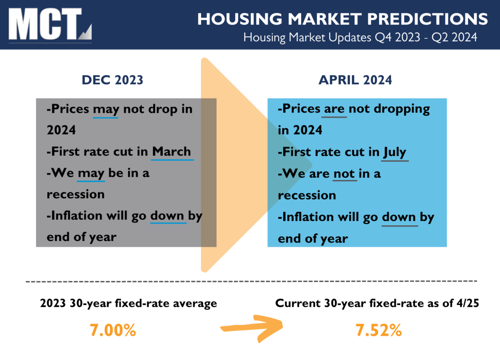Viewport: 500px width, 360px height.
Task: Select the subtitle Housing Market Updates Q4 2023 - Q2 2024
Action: [x=360, y=37]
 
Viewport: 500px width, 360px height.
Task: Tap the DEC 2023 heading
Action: [x=112, y=80]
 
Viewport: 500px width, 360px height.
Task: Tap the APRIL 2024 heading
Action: [x=355, y=80]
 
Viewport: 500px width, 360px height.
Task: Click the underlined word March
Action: [x=172, y=151]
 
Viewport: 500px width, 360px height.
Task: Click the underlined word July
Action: [x=395, y=152]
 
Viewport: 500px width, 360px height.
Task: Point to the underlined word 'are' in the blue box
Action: [x=334, y=109]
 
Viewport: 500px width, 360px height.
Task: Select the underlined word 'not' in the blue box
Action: [x=344, y=173]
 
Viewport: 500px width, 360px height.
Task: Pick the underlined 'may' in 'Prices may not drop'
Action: [x=105, y=109]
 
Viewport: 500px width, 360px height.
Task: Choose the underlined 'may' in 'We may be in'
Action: [x=91, y=173]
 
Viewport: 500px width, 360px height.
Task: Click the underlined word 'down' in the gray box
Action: [x=168, y=216]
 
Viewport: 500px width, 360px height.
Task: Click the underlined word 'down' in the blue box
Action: [x=399, y=217]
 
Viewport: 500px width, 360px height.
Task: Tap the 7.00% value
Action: [x=113, y=330]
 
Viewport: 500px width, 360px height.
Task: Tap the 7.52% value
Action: [x=379, y=330]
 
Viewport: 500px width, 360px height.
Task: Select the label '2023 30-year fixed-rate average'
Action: [x=129, y=303]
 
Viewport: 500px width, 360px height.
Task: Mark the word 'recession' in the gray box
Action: [x=76, y=194]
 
